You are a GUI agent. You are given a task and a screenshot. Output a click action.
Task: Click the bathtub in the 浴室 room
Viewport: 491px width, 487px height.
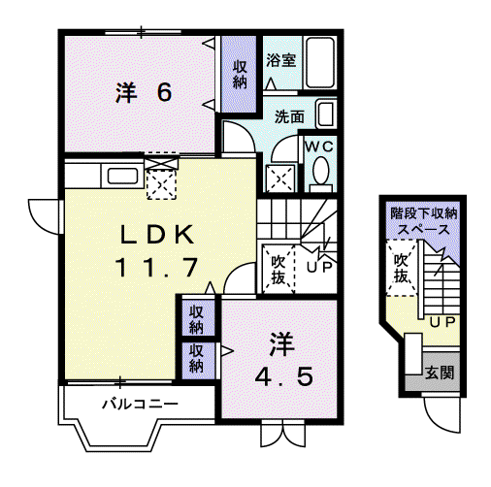click(x=320, y=62)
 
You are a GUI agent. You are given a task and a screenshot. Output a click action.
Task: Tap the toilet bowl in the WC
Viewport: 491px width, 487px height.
click(x=321, y=171)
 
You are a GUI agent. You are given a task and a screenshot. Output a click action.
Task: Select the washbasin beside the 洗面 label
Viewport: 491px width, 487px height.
click(x=325, y=114)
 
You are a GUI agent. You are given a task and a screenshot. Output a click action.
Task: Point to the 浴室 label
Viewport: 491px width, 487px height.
click(x=281, y=60)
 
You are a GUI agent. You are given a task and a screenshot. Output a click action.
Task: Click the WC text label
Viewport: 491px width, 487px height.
click(x=319, y=146)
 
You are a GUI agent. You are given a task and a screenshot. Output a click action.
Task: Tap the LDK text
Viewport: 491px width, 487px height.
click(x=157, y=235)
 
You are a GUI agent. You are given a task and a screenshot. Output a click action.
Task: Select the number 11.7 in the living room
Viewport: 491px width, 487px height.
click(x=157, y=267)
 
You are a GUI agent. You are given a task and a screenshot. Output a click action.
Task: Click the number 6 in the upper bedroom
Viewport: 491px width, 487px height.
click(x=164, y=92)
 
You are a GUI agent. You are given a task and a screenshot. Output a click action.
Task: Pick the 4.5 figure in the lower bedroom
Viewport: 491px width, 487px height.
click(x=284, y=376)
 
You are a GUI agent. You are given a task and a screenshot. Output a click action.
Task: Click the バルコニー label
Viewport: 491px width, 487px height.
click(x=140, y=404)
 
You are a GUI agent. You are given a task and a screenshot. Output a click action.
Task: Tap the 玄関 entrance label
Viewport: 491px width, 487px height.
click(x=440, y=373)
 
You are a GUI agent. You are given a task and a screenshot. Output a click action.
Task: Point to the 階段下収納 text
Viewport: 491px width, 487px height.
click(x=424, y=213)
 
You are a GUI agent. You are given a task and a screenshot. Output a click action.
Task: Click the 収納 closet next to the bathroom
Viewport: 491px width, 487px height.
click(x=240, y=75)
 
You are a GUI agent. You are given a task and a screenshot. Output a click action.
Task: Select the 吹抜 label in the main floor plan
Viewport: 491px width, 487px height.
click(x=278, y=270)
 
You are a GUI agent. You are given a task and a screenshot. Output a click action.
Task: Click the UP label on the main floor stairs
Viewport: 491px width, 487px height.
click(x=319, y=267)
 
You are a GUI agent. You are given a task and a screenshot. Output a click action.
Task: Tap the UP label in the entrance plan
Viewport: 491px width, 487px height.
click(x=442, y=322)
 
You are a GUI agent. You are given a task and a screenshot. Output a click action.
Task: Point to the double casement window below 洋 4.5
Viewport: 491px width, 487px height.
click(x=283, y=433)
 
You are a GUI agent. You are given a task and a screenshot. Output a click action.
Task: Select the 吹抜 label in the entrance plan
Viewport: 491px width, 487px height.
click(x=401, y=268)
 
